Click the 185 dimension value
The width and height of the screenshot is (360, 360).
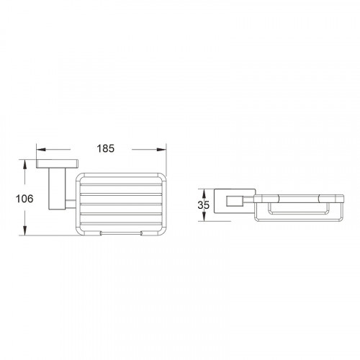point(106,148)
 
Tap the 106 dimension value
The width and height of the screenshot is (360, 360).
point(24,199)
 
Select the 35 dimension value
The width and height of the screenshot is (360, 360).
point(204,205)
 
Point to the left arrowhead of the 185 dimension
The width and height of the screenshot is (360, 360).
point(41,150)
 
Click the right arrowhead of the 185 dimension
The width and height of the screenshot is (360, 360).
point(161,150)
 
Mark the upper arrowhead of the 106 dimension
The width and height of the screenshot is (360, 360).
point(24,165)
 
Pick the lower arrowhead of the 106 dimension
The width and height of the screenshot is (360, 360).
point(24,230)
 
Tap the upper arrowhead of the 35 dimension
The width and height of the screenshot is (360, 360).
point(204,194)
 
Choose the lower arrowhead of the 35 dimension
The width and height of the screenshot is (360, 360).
point(204,217)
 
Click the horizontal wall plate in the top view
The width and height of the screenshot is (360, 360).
point(58,163)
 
